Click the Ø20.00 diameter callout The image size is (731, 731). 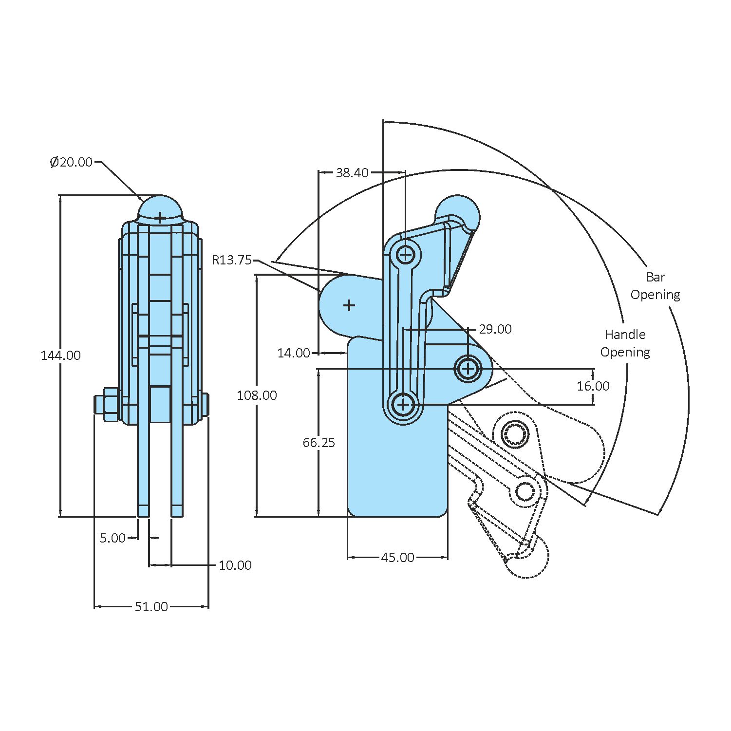pos(71,162)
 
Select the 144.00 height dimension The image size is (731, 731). pos(60,356)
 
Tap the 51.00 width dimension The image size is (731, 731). pos(151,607)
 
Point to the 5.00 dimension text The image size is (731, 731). pos(112,538)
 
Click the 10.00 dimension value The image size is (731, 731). pos(235,565)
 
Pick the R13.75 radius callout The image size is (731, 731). pos(232,260)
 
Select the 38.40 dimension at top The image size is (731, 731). pos(352,173)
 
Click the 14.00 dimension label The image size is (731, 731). pos(293,353)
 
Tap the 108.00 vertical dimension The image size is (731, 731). pos(257,395)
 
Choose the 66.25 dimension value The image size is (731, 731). pos(319,443)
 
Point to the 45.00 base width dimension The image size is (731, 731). pos(397,558)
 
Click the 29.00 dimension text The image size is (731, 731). pos(495,330)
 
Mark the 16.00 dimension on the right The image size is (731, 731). pos(593,387)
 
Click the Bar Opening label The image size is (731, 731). pos(655,286)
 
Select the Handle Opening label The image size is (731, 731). pos(625,343)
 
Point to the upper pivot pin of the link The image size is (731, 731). pos(405,254)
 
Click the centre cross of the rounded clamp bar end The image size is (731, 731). pos(349,306)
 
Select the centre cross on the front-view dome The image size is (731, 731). pos(160,217)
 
